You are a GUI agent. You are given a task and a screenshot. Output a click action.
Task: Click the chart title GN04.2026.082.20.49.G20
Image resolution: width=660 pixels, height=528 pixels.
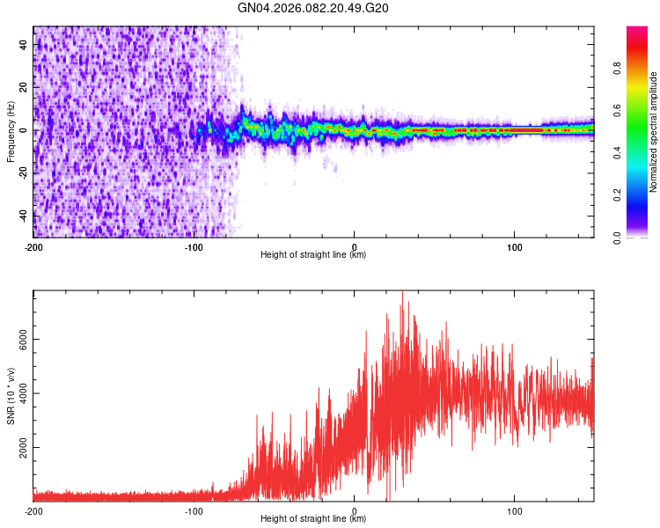[x=313, y=8]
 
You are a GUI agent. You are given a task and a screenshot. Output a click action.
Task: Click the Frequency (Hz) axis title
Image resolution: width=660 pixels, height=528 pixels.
[x=11, y=132]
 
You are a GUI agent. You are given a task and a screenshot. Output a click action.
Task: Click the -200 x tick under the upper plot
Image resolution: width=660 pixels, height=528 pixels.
[x=33, y=246]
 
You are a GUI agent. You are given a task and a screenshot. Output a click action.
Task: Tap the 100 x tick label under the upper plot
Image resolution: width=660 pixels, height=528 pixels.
[x=515, y=246]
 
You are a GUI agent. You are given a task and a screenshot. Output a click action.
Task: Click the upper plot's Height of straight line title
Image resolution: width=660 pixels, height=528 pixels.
[x=313, y=255]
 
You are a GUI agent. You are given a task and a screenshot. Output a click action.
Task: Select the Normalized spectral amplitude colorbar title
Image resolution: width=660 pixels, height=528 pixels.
[x=654, y=132]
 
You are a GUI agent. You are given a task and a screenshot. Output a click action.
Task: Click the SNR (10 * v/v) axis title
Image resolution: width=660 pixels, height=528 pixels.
[x=11, y=396]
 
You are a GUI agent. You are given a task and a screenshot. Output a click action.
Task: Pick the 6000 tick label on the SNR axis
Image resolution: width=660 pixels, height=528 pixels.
[x=20, y=339]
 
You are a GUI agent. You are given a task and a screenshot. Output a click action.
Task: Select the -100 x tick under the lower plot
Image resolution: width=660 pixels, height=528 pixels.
[x=194, y=510]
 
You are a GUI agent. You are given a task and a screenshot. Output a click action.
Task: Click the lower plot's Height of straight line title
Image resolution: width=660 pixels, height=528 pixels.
[x=313, y=519]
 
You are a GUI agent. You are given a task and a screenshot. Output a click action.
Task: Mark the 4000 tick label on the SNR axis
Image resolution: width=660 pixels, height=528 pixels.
[x=20, y=393]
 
